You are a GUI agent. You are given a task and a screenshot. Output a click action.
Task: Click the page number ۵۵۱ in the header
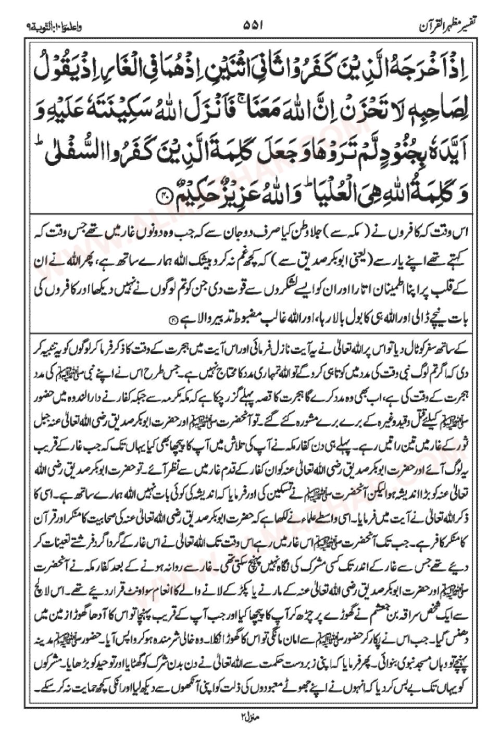click(x=251, y=24)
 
